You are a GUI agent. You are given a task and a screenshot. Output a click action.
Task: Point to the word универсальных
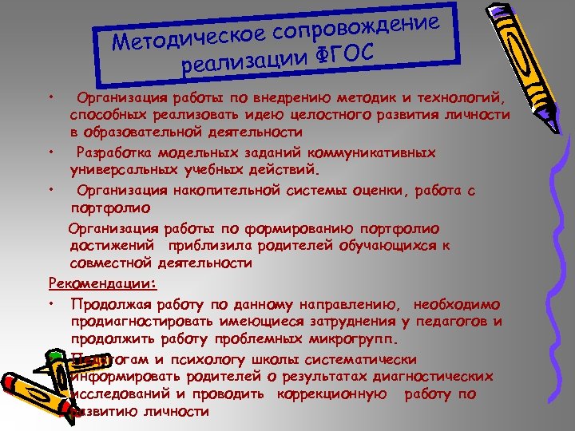117,169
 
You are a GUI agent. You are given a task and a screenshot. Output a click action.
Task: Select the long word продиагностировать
145,322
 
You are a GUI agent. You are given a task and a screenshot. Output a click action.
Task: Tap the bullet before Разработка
50,152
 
